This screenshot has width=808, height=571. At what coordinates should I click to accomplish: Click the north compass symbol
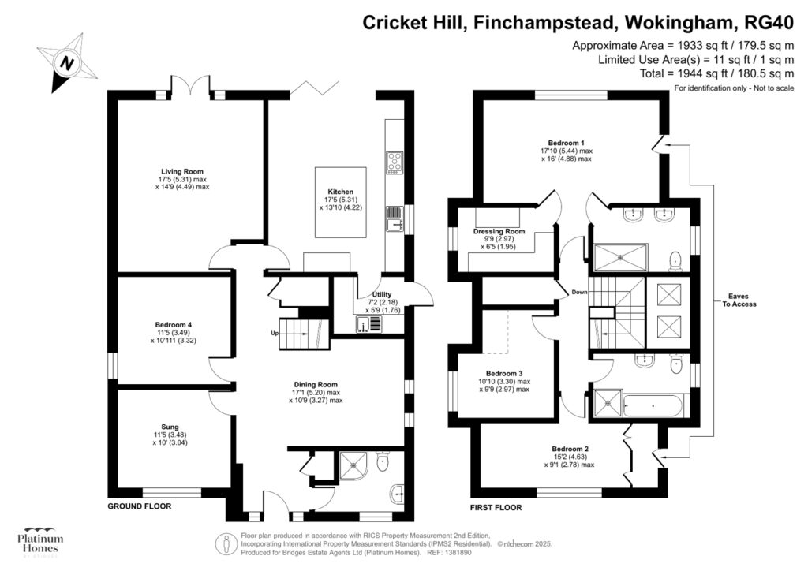(68, 62)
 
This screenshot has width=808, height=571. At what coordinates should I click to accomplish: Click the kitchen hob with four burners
(394, 162)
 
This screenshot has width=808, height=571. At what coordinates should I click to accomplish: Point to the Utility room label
(370, 294)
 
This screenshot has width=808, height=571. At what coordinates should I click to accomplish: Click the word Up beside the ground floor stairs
(274, 333)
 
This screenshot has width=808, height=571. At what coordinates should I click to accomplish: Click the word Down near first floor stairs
(580, 292)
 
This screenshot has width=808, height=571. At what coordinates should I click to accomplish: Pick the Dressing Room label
(499, 231)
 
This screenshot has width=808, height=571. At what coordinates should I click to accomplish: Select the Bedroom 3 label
(504, 373)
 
